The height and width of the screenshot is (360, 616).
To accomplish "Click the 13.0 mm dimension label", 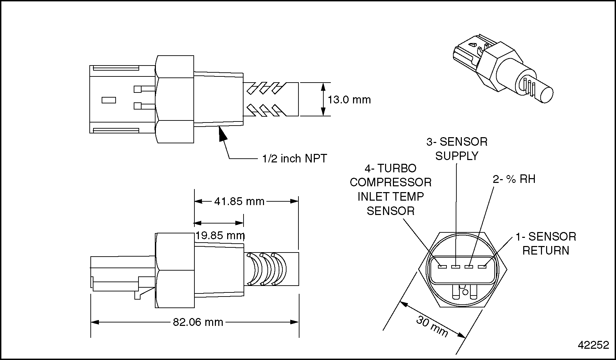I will (349, 100).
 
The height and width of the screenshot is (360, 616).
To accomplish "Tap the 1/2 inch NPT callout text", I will (294, 158).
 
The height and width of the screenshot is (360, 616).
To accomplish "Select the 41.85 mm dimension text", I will (239, 201).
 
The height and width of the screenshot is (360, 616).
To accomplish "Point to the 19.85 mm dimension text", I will (220, 235).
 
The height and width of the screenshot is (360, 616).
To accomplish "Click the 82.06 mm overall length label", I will (198, 322).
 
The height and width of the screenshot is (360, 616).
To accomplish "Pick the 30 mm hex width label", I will (432, 326).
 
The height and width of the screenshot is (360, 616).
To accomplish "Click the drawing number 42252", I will (593, 345).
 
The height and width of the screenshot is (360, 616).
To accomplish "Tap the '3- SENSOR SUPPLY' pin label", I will (457, 149).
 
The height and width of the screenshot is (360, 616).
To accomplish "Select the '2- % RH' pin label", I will (514, 179).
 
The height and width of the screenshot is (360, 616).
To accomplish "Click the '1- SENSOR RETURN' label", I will (546, 243).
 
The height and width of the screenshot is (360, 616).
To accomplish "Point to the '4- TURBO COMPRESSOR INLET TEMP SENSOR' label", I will (391, 189).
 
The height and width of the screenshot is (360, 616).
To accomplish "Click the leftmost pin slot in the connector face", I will (442, 267).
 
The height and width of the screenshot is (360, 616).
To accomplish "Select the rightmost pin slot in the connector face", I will (482, 267).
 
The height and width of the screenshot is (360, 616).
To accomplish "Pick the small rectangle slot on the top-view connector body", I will (109, 100).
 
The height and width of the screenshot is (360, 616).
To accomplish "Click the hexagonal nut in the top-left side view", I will (174, 99).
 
